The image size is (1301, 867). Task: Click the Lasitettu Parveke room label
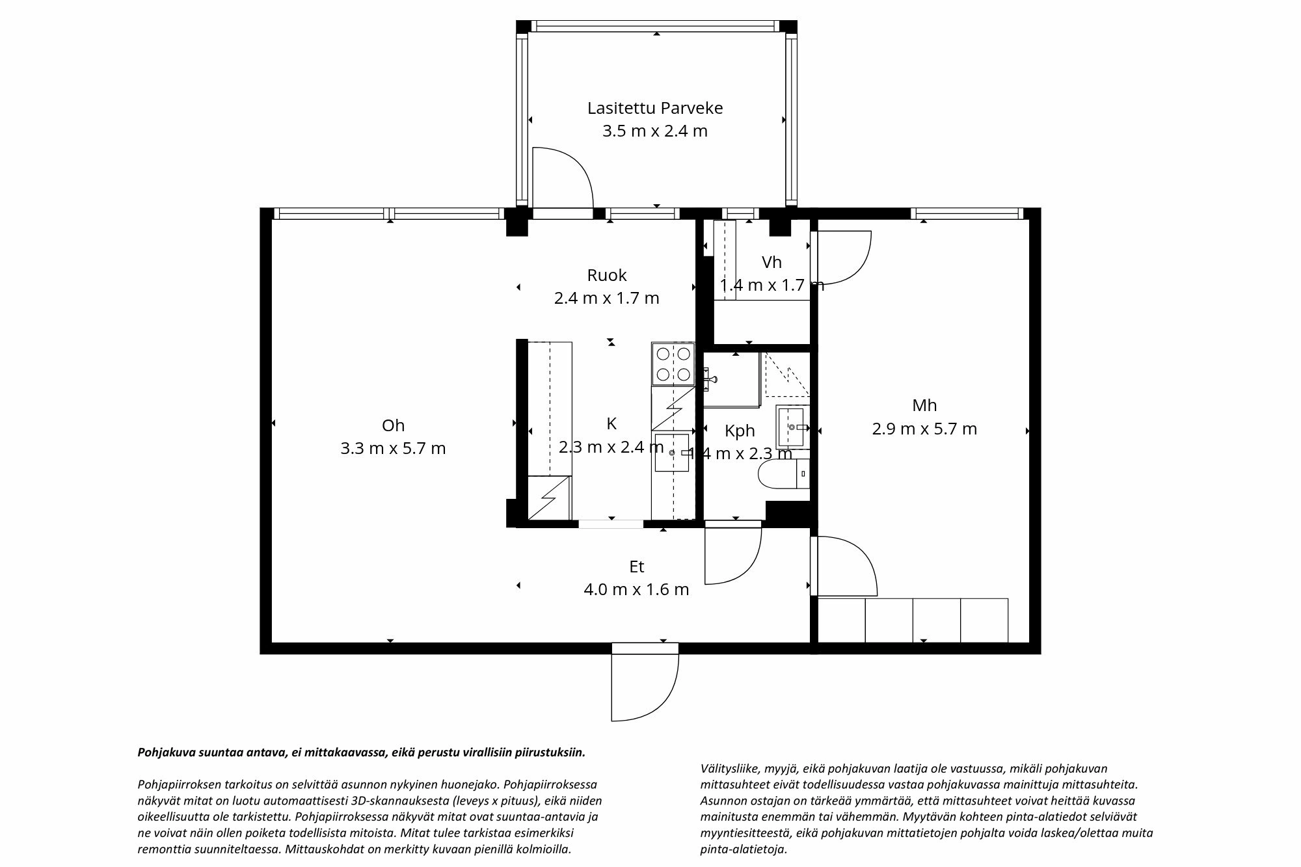(654, 108)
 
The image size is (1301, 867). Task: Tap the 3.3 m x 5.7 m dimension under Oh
(393, 448)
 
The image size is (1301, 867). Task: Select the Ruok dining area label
(606, 275)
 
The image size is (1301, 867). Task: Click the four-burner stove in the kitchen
(673, 364)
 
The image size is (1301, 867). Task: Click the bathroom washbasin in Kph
(793, 427)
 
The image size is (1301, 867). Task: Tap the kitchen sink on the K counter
(671, 452)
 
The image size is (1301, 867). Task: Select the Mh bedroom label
(924, 405)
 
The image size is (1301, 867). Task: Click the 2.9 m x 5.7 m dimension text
(924, 429)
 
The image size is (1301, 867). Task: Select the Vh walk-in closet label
(771, 262)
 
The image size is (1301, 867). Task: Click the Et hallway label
(636, 567)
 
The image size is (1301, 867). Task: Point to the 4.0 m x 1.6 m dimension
(636, 590)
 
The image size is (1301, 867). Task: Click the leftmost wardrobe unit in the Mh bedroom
(841, 620)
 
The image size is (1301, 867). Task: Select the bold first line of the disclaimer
(361, 753)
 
